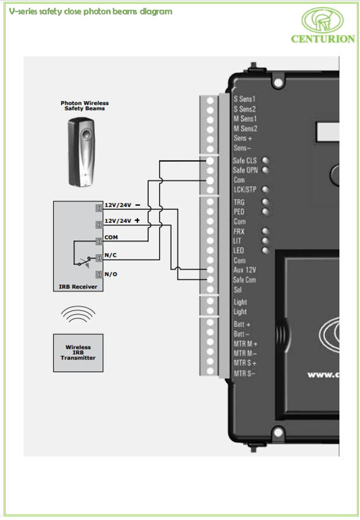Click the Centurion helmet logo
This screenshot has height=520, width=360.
tap(322, 20)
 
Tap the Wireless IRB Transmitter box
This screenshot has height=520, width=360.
tap(78, 352)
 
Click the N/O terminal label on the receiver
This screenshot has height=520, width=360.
tap(111, 274)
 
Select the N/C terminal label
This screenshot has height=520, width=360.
tap(110, 255)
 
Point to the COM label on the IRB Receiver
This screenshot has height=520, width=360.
tap(111, 237)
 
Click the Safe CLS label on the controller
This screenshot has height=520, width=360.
tap(244, 160)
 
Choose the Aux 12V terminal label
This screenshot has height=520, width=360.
tap(244, 270)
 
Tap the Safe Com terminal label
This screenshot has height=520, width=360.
tap(244, 280)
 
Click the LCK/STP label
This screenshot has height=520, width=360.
tap(245, 189)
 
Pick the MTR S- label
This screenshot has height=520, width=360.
tap(244, 374)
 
